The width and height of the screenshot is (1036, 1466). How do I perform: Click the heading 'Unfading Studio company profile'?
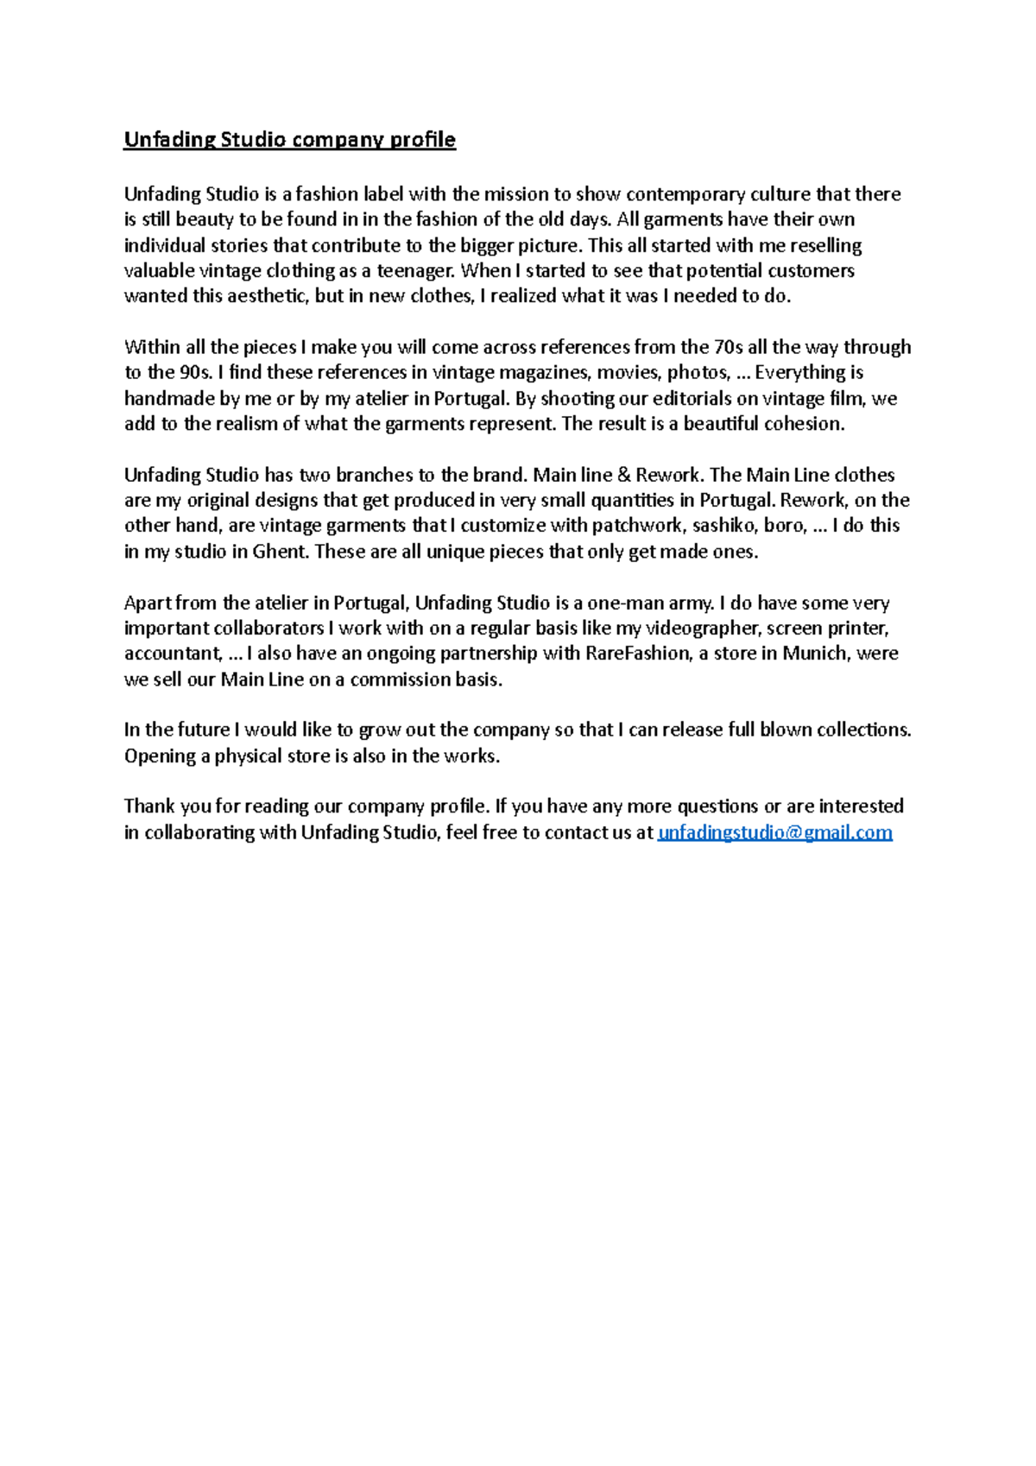[289, 140]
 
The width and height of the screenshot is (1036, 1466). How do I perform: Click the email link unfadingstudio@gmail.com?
[774, 832]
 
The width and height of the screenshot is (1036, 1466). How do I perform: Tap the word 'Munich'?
[815, 654]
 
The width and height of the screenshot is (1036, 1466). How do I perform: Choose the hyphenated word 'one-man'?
[622, 603]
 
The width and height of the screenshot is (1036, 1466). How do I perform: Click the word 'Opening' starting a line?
[160, 756]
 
